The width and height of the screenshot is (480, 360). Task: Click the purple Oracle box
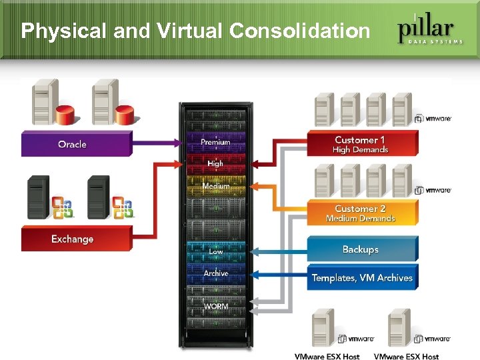click(x=76, y=144)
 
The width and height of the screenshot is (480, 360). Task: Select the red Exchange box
click(x=76, y=239)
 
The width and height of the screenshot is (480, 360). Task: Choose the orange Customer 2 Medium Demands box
click(x=362, y=213)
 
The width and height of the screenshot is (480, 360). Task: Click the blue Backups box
click(x=362, y=249)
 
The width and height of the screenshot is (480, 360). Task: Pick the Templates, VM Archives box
click(x=362, y=277)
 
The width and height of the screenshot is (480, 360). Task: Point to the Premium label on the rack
click(x=215, y=142)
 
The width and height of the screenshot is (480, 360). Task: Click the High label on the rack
click(x=215, y=163)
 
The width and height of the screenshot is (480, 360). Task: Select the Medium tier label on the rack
click(x=216, y=186)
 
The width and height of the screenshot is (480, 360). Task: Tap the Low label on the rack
click(x=216, y=251)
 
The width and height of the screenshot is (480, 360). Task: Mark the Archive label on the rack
click(x=216, y=273)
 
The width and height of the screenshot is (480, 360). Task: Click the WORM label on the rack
click(x=216, y=306)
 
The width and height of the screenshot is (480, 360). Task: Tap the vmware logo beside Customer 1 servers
click(x=433, y=119)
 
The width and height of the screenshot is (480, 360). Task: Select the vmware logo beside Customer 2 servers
click(x=433, y=190)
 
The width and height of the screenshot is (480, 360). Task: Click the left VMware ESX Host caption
click(x=327, y=357)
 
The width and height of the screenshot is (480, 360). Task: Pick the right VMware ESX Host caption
click(x=406, y=357)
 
